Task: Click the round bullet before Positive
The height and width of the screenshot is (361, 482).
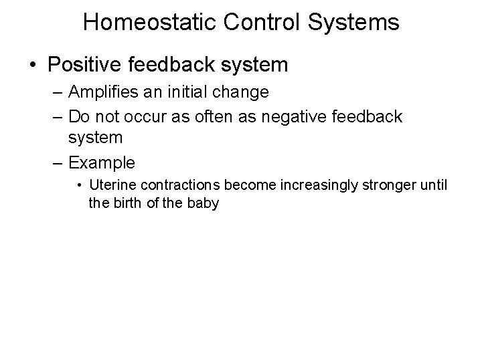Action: pos(33,66)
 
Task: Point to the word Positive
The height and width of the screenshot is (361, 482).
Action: pos(80,66)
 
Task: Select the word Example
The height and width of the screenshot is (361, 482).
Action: pos(102,162)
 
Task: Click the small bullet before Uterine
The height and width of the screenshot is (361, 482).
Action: pos(79,185)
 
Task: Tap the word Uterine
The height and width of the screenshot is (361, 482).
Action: pos(110,185)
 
